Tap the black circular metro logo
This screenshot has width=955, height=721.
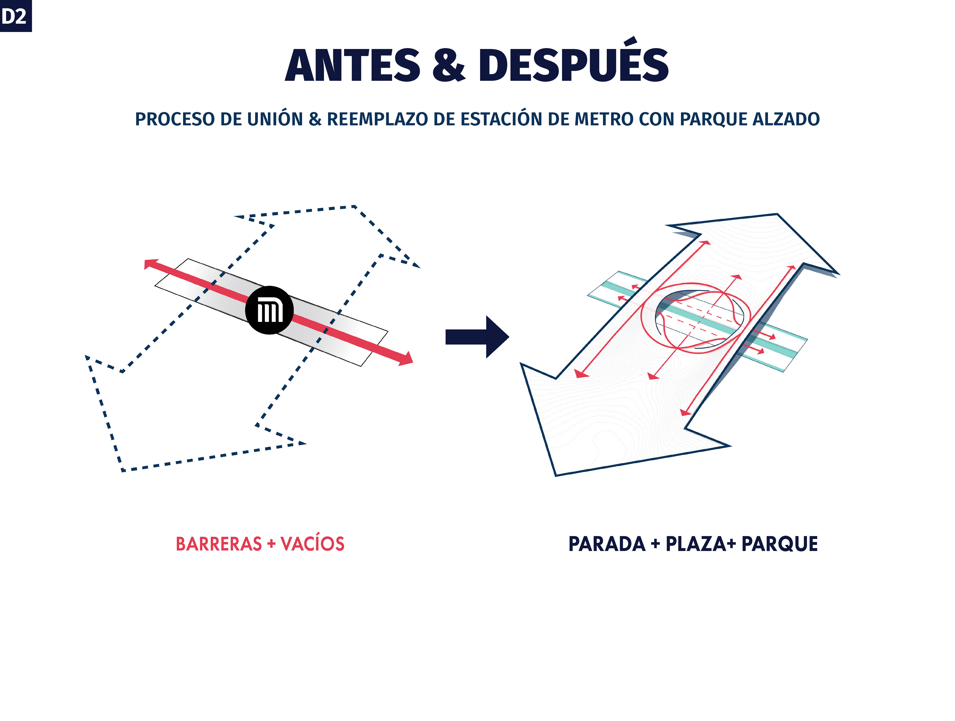click(269, 310)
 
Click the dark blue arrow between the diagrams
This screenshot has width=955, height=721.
click(477, 337)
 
